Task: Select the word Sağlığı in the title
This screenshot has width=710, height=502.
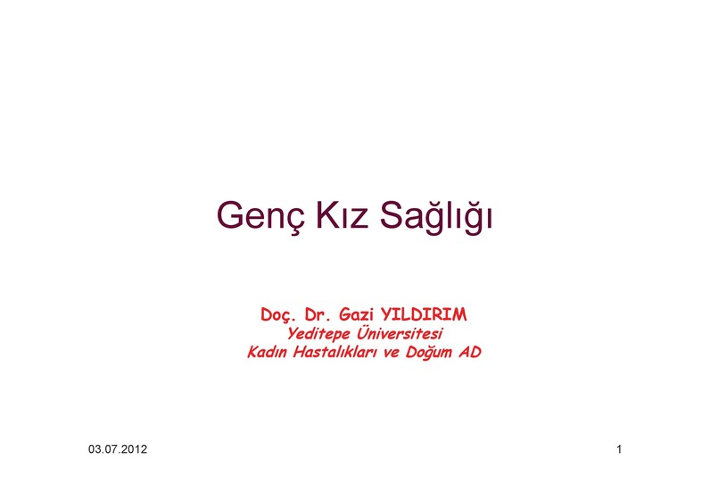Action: click(435, 215)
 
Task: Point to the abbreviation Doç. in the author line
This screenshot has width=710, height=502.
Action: click(277, 314)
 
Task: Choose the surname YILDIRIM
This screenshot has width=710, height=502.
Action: click(424, 314)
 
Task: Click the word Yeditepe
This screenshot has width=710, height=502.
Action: click(318, 334)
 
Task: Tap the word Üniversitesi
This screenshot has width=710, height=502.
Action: click(399, 333)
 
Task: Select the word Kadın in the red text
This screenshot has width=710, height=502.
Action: click(268, 352)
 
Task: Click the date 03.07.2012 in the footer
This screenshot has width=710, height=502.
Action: click(118, 449)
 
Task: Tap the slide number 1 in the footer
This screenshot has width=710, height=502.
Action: click(619, 449)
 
